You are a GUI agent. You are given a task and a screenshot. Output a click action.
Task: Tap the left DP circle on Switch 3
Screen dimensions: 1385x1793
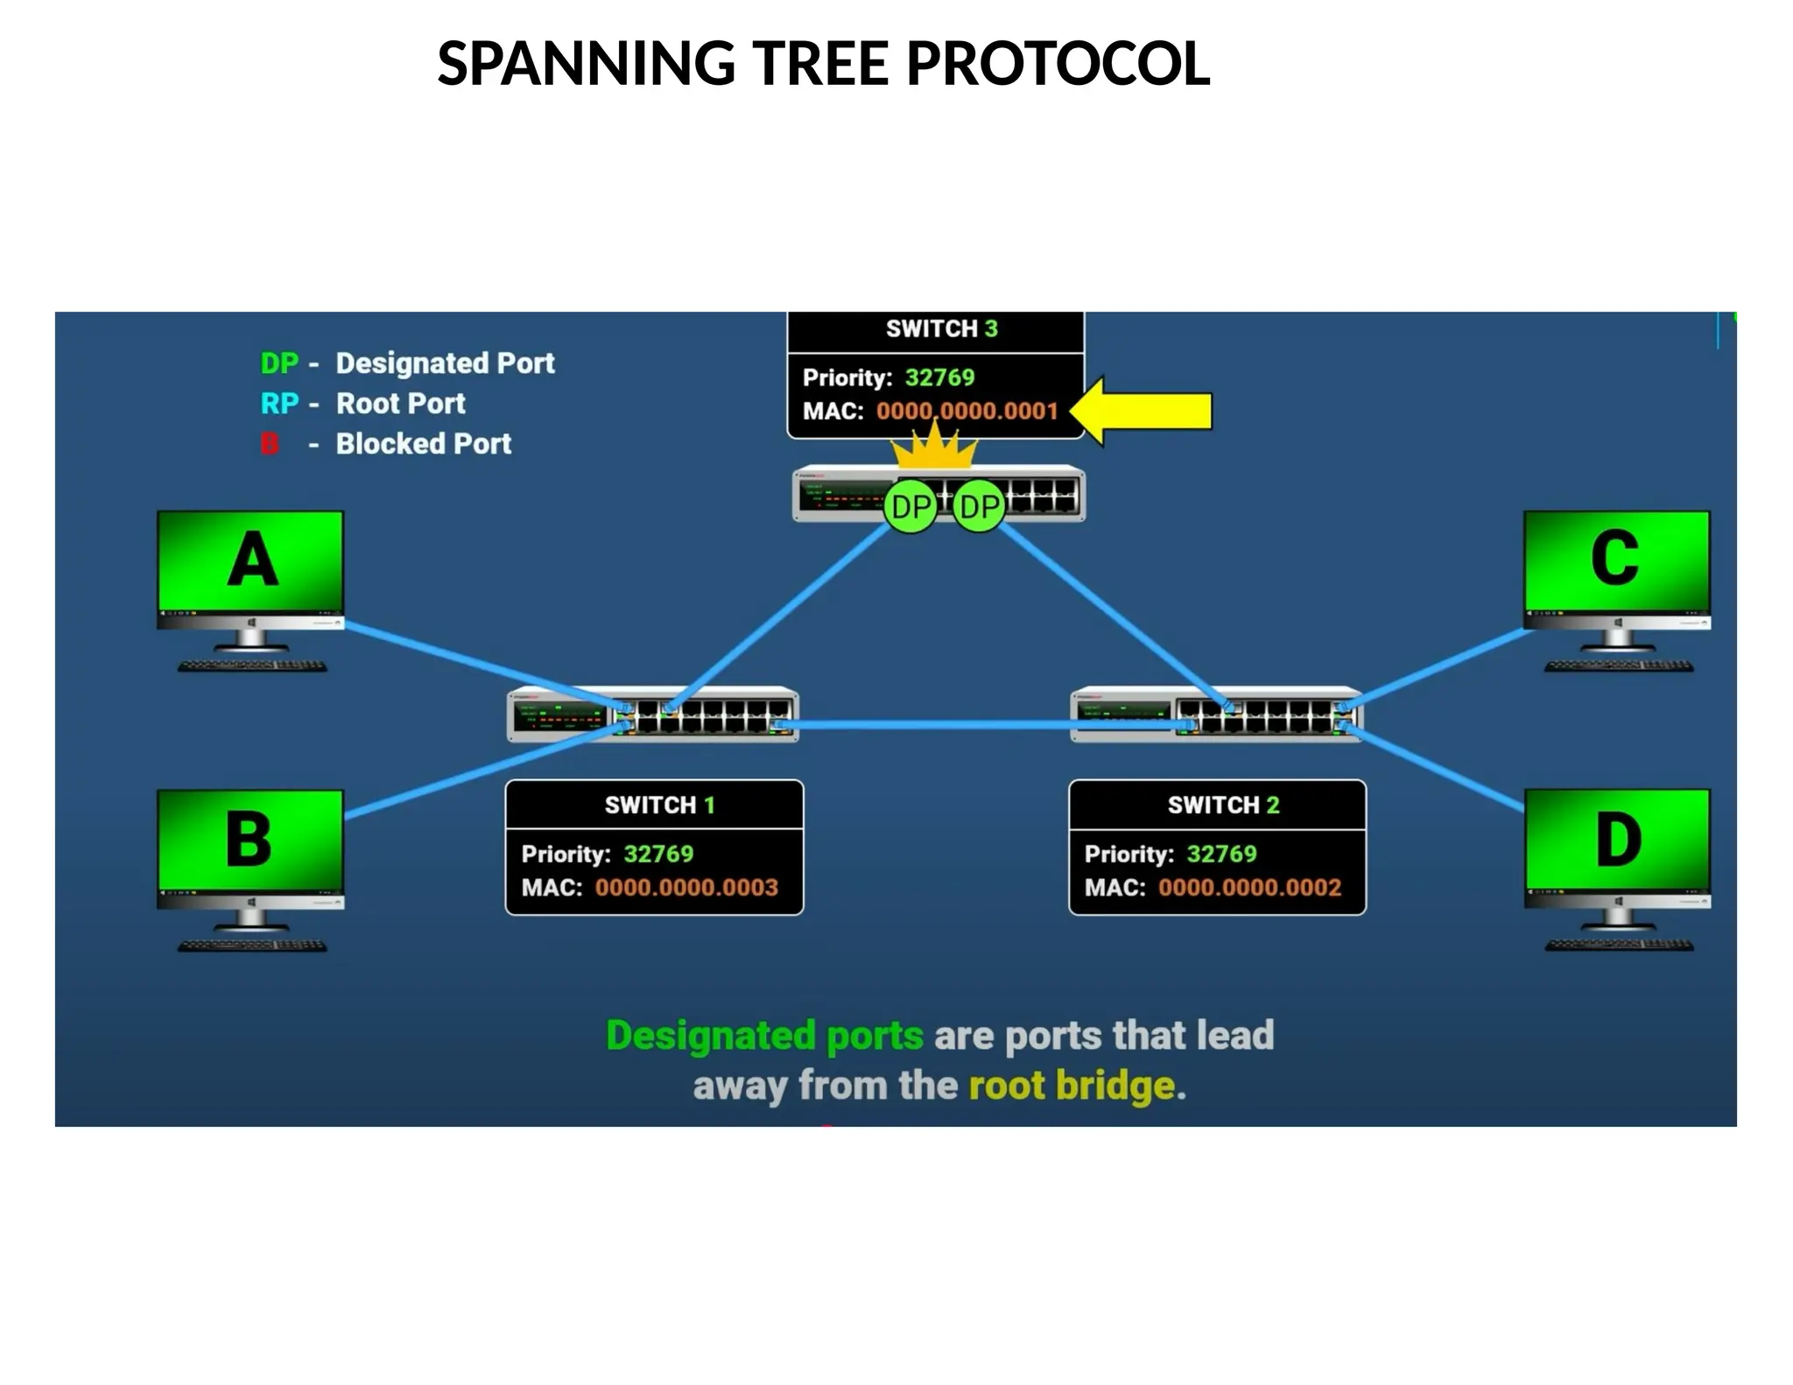[x=911, y=507]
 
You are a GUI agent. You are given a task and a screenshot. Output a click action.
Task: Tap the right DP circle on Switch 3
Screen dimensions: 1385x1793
[x=979, y=507]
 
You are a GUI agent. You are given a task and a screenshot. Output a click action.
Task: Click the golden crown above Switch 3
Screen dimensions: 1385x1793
[x=933, y=447]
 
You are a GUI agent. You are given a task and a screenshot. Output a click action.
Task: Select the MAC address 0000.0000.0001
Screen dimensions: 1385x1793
[x=967, y=411]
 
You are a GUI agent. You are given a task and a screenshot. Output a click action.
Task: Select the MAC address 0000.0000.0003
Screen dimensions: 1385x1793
[x=686, y=888]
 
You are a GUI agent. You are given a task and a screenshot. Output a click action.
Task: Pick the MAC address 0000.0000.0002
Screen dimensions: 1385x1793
[x=1249, y=888]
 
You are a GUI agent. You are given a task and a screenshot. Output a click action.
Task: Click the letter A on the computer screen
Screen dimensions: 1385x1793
[x=252, y=559]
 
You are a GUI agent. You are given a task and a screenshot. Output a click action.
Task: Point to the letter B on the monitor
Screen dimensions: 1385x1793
[x=250, y=839]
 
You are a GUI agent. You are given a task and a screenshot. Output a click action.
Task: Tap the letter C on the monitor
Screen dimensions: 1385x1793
[x=1614, y=558]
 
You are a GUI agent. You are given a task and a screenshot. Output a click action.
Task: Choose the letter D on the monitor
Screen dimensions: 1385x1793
[x=1617, y=839]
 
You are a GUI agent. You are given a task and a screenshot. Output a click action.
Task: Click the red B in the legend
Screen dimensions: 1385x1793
[x=270, y=444]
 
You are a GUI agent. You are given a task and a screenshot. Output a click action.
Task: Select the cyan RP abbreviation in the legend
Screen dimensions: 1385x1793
[x=279, y=404]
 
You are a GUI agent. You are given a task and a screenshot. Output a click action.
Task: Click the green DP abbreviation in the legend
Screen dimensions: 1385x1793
[x=279, y=363]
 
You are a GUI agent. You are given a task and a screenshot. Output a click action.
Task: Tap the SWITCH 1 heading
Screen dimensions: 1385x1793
[x=659, y=805]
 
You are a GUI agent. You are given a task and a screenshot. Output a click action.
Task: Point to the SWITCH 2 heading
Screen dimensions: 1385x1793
[x=1223, y=805]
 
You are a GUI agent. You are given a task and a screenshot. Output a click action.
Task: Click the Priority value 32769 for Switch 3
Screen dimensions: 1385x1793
[x=939, y=377]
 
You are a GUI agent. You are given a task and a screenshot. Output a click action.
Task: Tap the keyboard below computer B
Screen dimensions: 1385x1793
[x=252, y=946]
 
